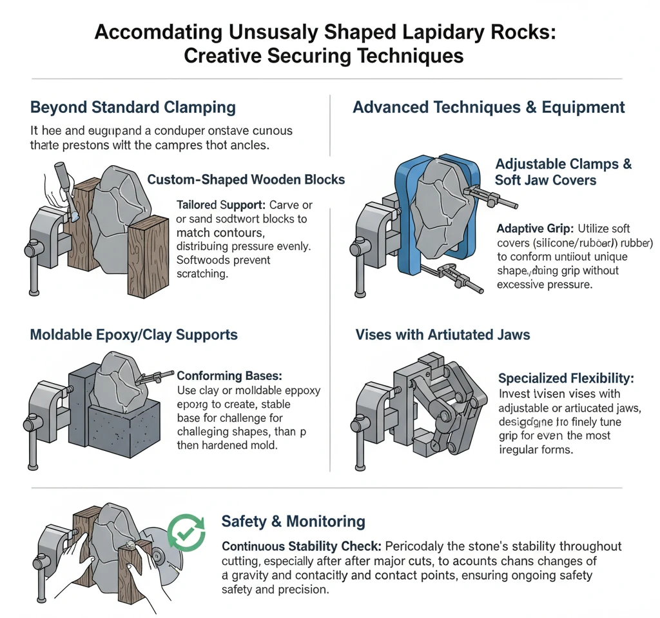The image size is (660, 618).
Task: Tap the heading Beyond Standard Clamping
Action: pos(133,107)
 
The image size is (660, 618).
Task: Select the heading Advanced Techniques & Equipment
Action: pos(489,107)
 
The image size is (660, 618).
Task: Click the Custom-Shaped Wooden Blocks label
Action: pos(246,179)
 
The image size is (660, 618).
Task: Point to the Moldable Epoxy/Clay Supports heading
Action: pos(134,335)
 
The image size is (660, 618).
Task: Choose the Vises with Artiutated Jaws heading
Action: pos(443,335)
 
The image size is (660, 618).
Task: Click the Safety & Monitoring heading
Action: pos(293,521)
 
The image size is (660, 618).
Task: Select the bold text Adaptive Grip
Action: pos(536,228)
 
